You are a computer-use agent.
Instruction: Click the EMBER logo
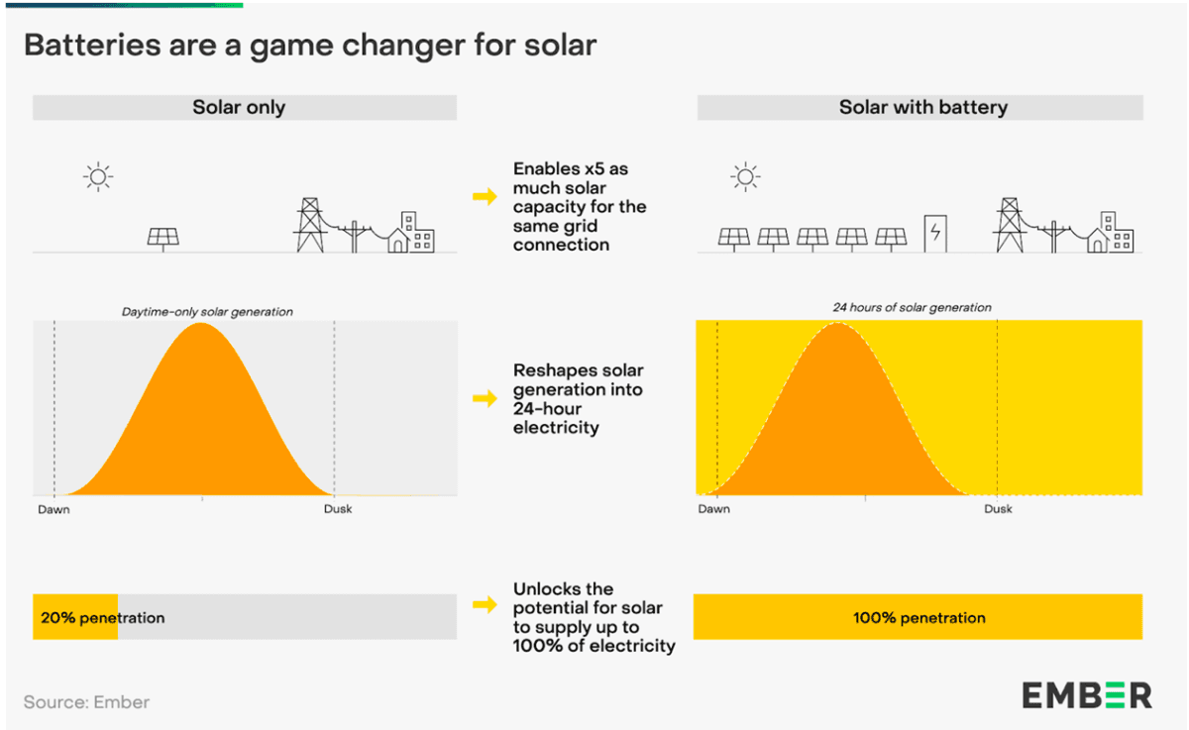[x=1087, y=694]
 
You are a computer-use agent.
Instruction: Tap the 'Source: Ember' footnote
[x=86, y=702]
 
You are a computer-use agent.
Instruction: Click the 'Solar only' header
[x=239, y=107]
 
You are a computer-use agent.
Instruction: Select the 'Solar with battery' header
[x=922, y=107]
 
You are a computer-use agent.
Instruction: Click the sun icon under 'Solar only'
[x=98, y=177]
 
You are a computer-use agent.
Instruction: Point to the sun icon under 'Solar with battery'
[x=745, y=177]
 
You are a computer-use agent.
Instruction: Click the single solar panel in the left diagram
[x=163, y=238]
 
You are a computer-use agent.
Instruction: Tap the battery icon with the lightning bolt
[x=934, y=234]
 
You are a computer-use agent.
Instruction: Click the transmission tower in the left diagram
[x=310, y=226]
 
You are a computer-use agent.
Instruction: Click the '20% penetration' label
[x=102, y=617]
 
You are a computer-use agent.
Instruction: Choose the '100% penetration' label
[x=919, y=617]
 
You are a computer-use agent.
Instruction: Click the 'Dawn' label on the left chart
[x=54, y=509]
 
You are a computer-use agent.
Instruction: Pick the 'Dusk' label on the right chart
[x=998, y=509]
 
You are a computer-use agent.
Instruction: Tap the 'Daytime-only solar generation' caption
[x=207, y=312]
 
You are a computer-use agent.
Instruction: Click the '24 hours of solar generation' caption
[x=912, y=307]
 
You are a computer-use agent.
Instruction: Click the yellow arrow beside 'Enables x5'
[x=485, y=196]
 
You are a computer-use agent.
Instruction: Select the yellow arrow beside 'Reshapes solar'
[x=485, y=398]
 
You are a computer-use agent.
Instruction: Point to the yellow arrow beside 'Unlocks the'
[x=485, y=603]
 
